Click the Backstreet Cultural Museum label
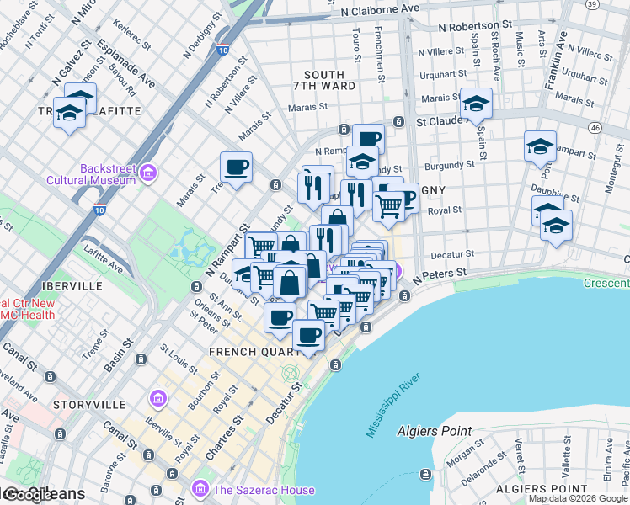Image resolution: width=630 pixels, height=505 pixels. point(108,173)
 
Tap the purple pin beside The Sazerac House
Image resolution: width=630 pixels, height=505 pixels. point(200,488)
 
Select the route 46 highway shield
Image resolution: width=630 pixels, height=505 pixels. point(595,127)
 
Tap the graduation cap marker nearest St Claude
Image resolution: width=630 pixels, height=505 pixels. point(476,104)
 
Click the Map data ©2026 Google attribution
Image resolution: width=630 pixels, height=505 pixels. point(578,498)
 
